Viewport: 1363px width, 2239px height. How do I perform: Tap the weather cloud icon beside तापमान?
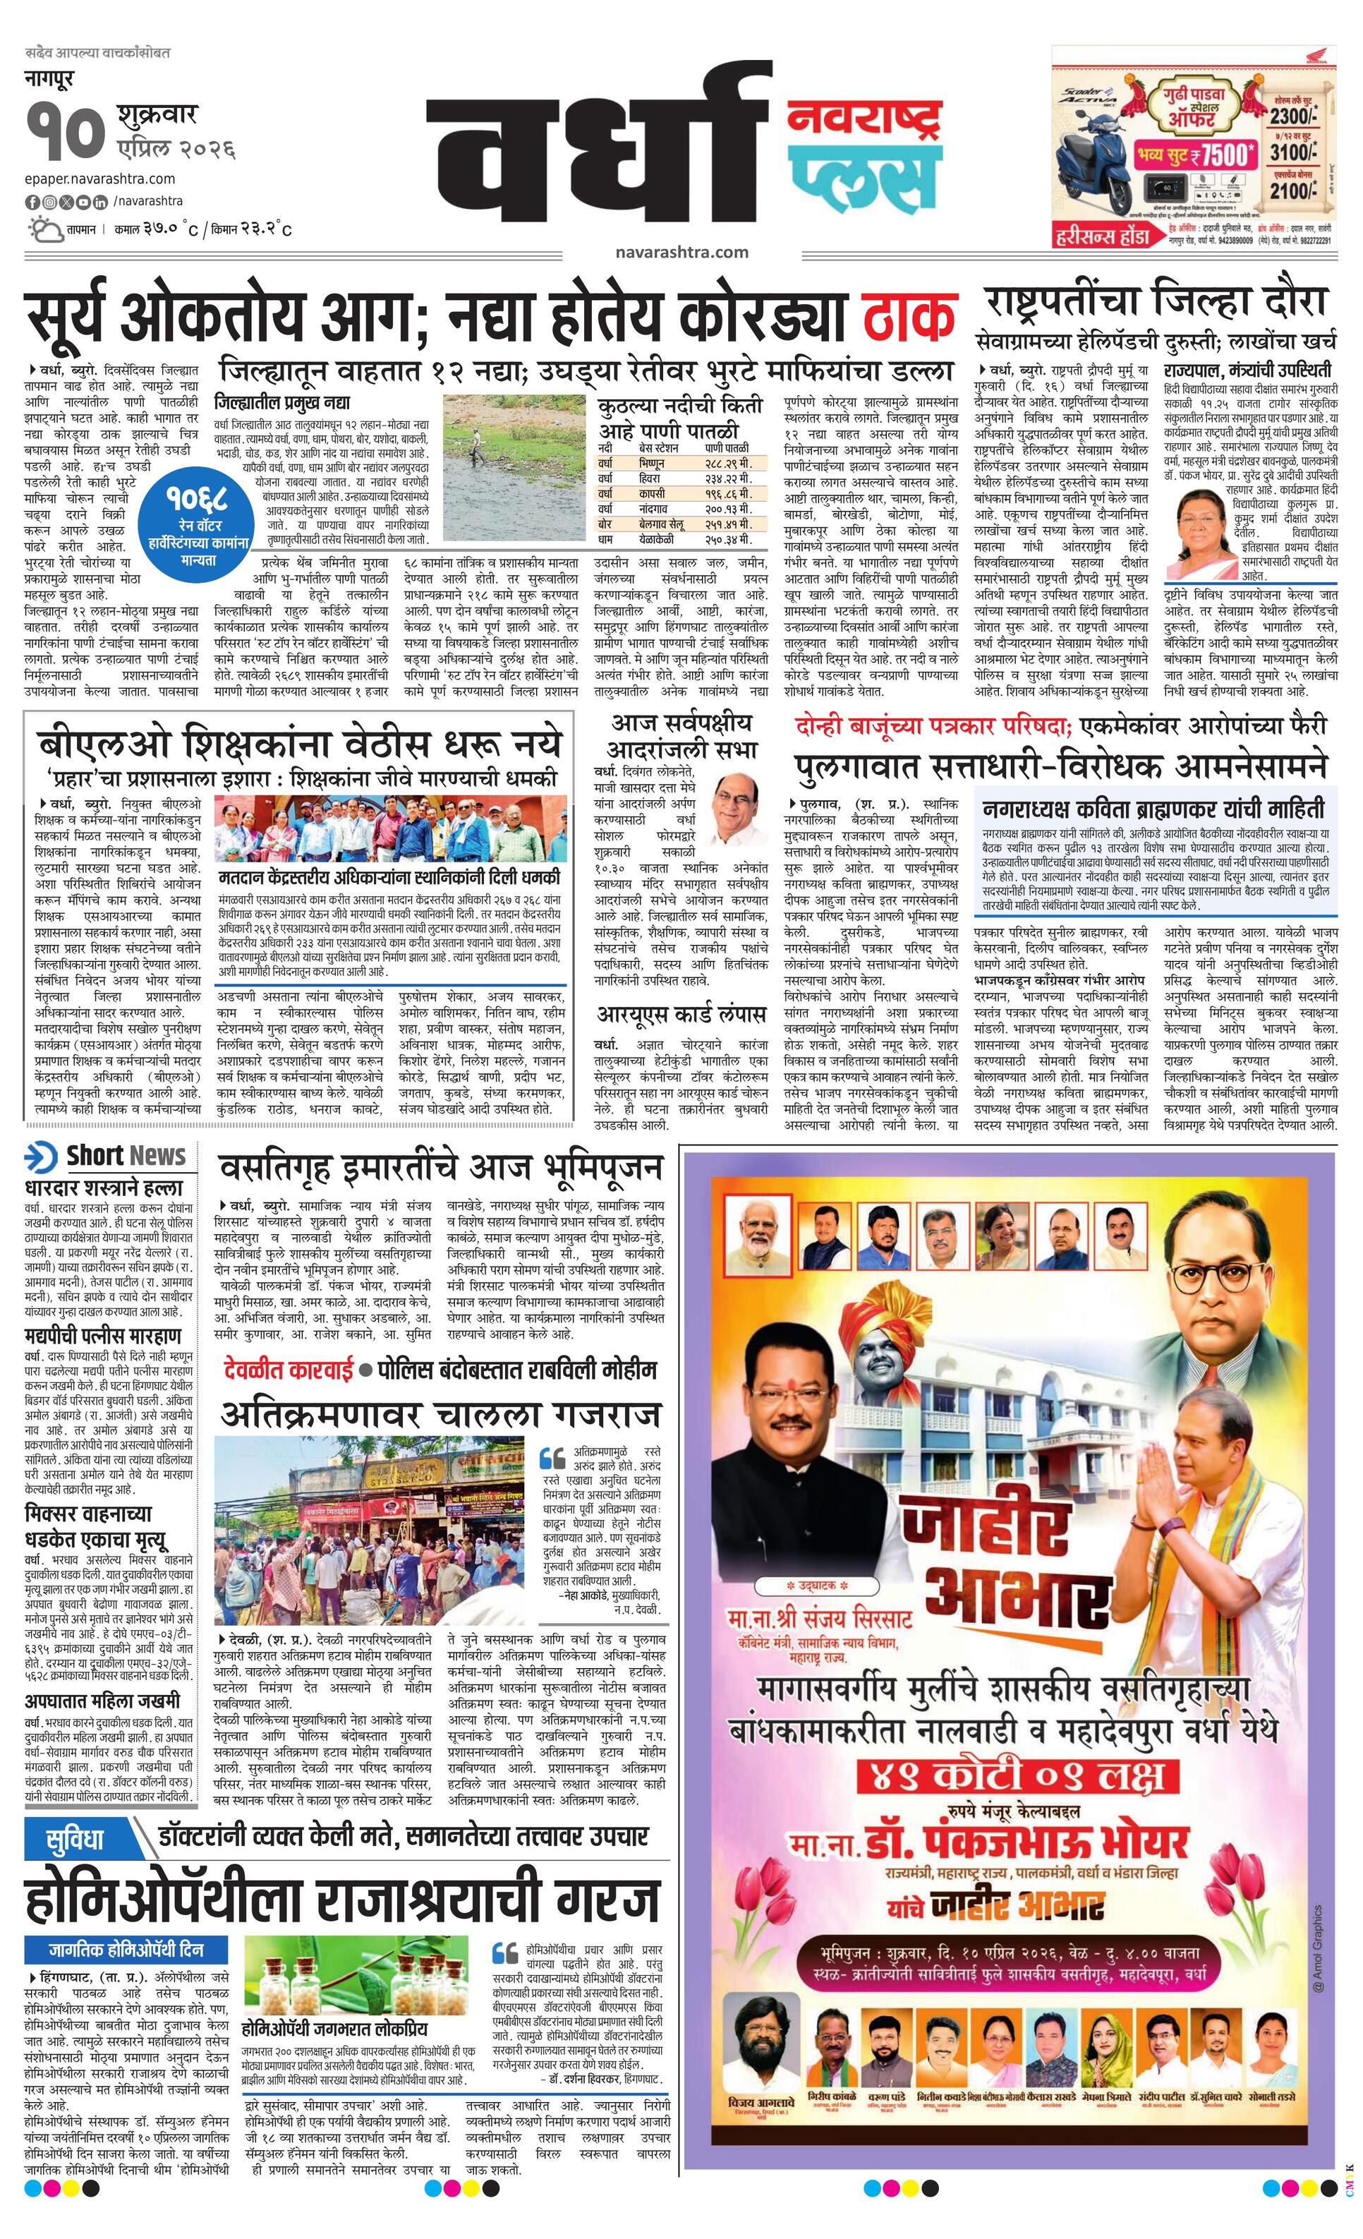(44, 228)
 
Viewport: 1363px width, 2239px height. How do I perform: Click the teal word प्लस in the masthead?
(861, 177)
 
